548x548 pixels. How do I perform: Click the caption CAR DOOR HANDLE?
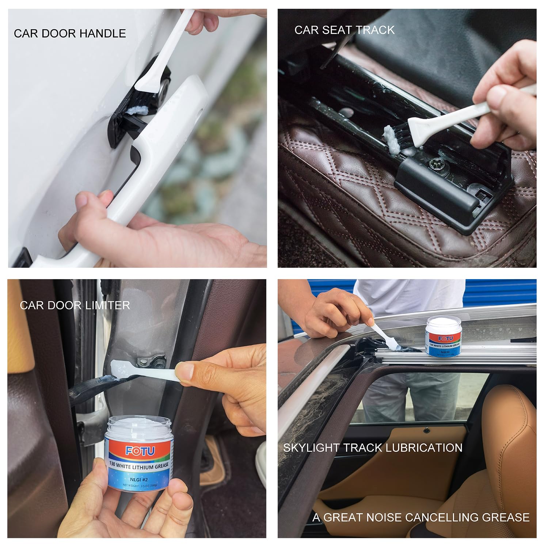pos(70,33)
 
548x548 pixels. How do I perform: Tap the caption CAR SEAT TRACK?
pos(344,30)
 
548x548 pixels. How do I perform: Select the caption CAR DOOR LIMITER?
pos(75,305)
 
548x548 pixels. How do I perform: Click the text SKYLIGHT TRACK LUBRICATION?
pos(373,448)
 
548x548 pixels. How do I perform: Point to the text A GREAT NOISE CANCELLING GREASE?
pos(421,517)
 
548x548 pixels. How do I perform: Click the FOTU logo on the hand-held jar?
pos(140,451)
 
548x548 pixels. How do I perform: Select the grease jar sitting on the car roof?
pos(443,336)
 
